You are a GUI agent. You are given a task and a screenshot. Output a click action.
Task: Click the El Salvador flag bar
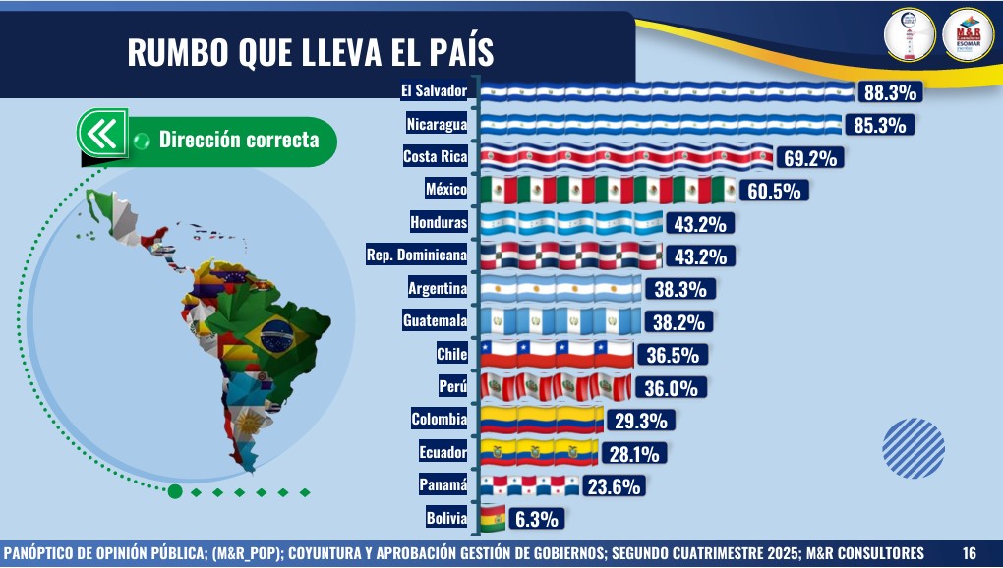(x=667, y=92)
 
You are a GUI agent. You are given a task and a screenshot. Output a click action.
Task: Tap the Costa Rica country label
(x=435, y=157)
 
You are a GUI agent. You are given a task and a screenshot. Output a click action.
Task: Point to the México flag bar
(x=608, y=190)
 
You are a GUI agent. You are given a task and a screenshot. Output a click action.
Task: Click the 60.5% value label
(x=777, y=190)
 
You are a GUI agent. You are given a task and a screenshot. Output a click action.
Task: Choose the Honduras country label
(x=439, y=223)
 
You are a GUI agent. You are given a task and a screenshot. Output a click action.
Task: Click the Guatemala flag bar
(x=560, y=321)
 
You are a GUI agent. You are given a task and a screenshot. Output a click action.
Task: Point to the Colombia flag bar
(x=542, y=420)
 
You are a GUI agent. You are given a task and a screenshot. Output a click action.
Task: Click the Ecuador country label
(x=442, y=453)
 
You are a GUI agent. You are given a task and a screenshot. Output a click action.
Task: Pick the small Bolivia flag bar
(x=492, y=518)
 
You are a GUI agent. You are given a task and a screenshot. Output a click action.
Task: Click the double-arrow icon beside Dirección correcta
(x=102, y=133)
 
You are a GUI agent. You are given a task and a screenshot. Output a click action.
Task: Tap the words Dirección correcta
(x=239, y=141)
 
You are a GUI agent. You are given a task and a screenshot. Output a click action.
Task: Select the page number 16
(x=970, y=552)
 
